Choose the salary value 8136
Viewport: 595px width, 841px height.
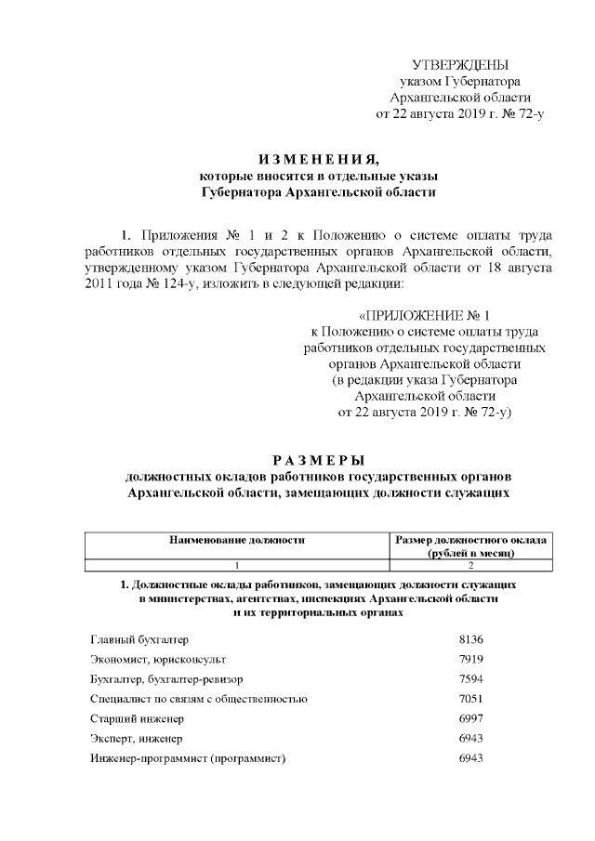point(472,639)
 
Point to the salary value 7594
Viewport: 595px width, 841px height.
point(472,679)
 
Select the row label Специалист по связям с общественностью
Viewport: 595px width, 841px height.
point(199,699)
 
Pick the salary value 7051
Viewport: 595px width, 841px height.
point(472,699)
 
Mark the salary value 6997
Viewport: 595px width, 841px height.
point(472,719)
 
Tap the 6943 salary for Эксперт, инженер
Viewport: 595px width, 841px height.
point(472,739)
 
